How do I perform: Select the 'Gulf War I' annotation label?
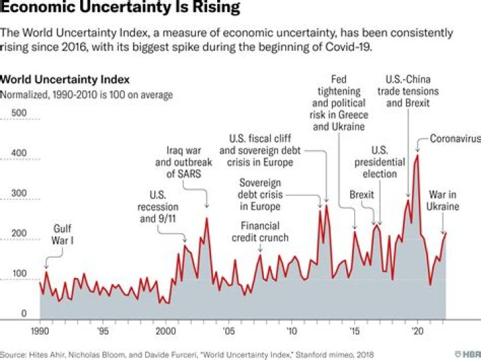(x=63, y=235)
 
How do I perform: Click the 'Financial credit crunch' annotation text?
(x=261, y=231)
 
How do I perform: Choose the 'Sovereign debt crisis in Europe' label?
(x=261, y=194)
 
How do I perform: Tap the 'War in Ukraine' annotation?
(x=444, y=200)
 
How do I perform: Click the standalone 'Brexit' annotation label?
(x=361, y=195)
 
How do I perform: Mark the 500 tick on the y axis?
(x=19, y=113)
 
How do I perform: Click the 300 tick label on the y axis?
(x=19, y=194)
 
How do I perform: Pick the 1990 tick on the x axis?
(x=39, y=331)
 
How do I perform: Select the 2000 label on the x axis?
(x=165, y=331)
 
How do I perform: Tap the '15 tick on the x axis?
(x=354, y=331)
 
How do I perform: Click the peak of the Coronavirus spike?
(x=418, y=155)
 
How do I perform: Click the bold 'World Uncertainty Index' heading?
(x=65, y=79)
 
